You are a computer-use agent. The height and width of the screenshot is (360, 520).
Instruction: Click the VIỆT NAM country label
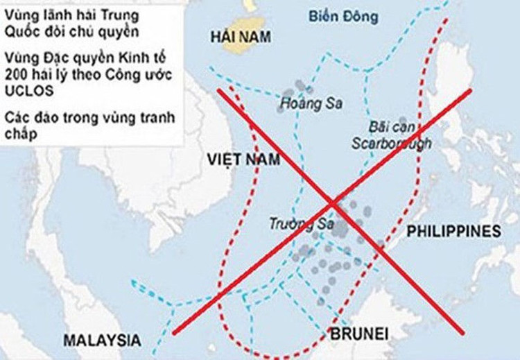tap(243, 160)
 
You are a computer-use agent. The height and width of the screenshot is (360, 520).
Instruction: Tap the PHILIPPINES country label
tap(453, 230)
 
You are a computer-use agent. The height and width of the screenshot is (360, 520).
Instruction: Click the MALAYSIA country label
tap(102, 340)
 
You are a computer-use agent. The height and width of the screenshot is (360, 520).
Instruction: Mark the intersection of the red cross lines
tap(333, 203)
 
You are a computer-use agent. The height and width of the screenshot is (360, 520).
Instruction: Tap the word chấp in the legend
tap(19, 134)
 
